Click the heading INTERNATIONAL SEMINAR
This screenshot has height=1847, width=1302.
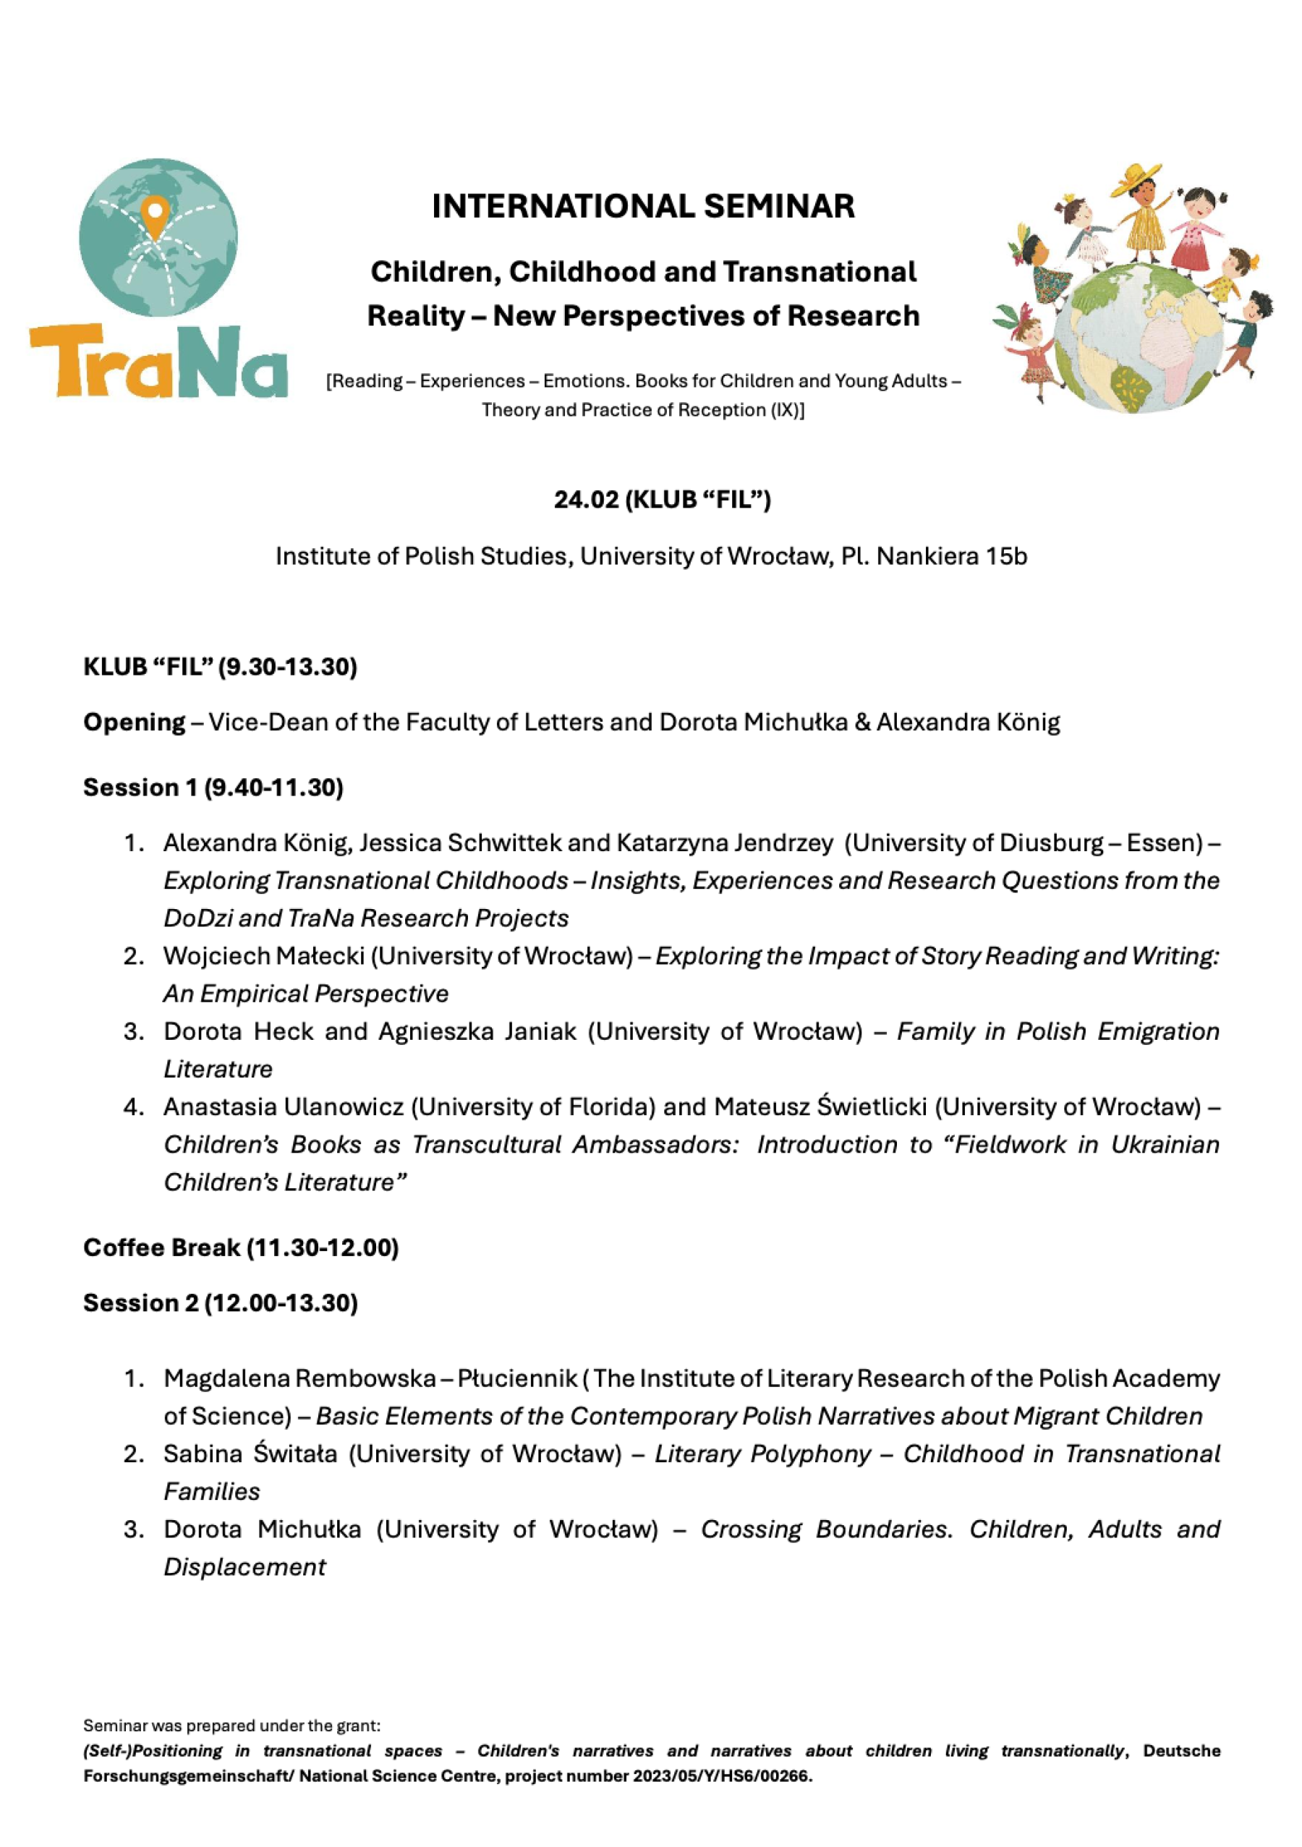[643, 207]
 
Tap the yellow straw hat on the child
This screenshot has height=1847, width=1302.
[1137, 177]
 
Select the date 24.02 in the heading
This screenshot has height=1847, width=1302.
[586, 500]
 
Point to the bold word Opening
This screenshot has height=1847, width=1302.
[135, 722]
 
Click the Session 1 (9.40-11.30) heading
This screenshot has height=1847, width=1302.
[213, 787]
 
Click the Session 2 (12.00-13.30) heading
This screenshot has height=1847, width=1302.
[221, 1302]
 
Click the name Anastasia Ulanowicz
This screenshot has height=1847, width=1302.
[284, 1106]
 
